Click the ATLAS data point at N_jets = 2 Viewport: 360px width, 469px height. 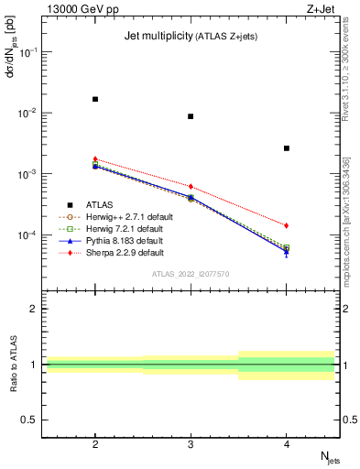point(95,99)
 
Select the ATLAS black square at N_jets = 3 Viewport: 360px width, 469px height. point(191,116)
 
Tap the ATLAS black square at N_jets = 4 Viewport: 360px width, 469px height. point(287,147)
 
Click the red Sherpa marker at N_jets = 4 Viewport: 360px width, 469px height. point(287,225)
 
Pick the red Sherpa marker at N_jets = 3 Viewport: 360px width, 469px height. point(191,187)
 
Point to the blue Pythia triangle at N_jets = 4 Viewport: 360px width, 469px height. point(287,251)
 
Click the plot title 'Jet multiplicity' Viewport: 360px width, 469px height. point(157,36)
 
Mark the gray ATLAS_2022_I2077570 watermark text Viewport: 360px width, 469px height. point(191,275)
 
